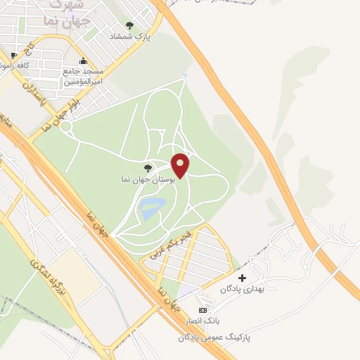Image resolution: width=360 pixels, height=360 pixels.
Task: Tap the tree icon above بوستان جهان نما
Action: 148,168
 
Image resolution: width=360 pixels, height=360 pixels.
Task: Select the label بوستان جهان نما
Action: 148,181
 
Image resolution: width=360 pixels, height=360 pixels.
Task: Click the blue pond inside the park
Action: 153,207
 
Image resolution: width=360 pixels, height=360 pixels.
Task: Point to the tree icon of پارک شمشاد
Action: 129,25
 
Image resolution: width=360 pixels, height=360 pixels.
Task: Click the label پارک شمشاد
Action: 129,36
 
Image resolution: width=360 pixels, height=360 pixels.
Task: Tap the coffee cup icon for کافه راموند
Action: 14,55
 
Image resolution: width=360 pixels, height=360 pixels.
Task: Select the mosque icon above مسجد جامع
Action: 84,60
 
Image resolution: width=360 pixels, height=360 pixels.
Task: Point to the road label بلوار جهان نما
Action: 58,113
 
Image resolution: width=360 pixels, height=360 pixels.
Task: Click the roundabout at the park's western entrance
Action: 67,127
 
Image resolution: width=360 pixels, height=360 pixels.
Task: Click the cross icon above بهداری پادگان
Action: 243,278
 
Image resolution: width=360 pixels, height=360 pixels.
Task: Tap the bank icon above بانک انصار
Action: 203,311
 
